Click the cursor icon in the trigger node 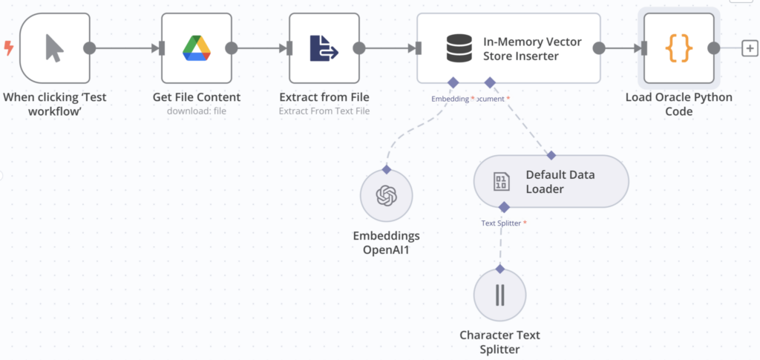pyautogui.click(x=54, y=48)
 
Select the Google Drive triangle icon pyautogui.click(x=197, y=48)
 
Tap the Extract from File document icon pyautogui.click(x=324, y=48)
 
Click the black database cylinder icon pyautogui.click(x=459, y=48)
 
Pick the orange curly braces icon pyautogui.click(x=678, y=48)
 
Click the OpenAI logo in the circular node pyautogui.click(x=386, y=196)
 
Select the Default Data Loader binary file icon pyautogui.click(x=501, y=181)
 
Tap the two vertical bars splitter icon pyautogui.click(x=499, y=295)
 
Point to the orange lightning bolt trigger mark pyautogui.click(x=8, y=48)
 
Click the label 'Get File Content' pyautogui.click(x=197, y=97)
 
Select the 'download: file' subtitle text pyautogui.click(x=197, y=111)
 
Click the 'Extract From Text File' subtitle pyautogui.click(x=324, y=111)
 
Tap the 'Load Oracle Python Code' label pyautogui.click(x=678, y=104)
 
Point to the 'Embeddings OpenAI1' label pyautogui.click(x=386, y=242)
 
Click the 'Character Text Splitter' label pyautogui.click(x=499, y=341)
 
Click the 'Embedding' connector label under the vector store pyautogui.click(x=450, y=98)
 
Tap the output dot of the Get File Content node pyautogui.click(x=232, y=48)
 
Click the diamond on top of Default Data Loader pyautogui.click(x=551, y=155)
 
